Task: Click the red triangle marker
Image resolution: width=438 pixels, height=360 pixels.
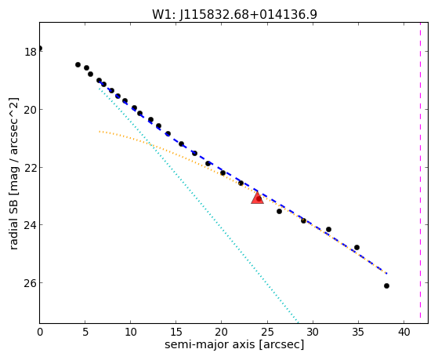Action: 257,198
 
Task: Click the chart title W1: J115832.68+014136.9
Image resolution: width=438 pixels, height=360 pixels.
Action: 234,15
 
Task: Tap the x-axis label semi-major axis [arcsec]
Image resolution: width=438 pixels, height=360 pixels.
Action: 234,344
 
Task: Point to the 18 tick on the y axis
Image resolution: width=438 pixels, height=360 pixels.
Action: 31,52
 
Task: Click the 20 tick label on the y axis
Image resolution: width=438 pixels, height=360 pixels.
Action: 31,110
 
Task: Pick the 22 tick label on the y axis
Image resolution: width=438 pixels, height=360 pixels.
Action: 31,168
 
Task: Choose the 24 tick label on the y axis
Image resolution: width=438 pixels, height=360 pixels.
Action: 31,225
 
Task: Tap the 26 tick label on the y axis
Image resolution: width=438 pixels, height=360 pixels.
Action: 31,283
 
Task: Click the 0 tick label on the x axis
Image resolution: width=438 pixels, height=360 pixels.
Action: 40,332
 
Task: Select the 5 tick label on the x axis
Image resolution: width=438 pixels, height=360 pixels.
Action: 85,332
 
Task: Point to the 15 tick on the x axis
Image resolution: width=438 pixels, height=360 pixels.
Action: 176,332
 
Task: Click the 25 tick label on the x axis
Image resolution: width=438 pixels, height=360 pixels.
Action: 267,332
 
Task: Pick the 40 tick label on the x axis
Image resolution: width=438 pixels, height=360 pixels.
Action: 404,332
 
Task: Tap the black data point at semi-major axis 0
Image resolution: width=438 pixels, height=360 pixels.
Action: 40,49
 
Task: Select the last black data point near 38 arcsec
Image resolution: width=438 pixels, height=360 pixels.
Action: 386,285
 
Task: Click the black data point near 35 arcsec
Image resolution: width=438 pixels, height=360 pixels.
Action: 357,248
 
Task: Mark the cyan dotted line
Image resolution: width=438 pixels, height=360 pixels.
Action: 198,205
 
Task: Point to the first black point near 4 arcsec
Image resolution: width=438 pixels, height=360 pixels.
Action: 78,64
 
